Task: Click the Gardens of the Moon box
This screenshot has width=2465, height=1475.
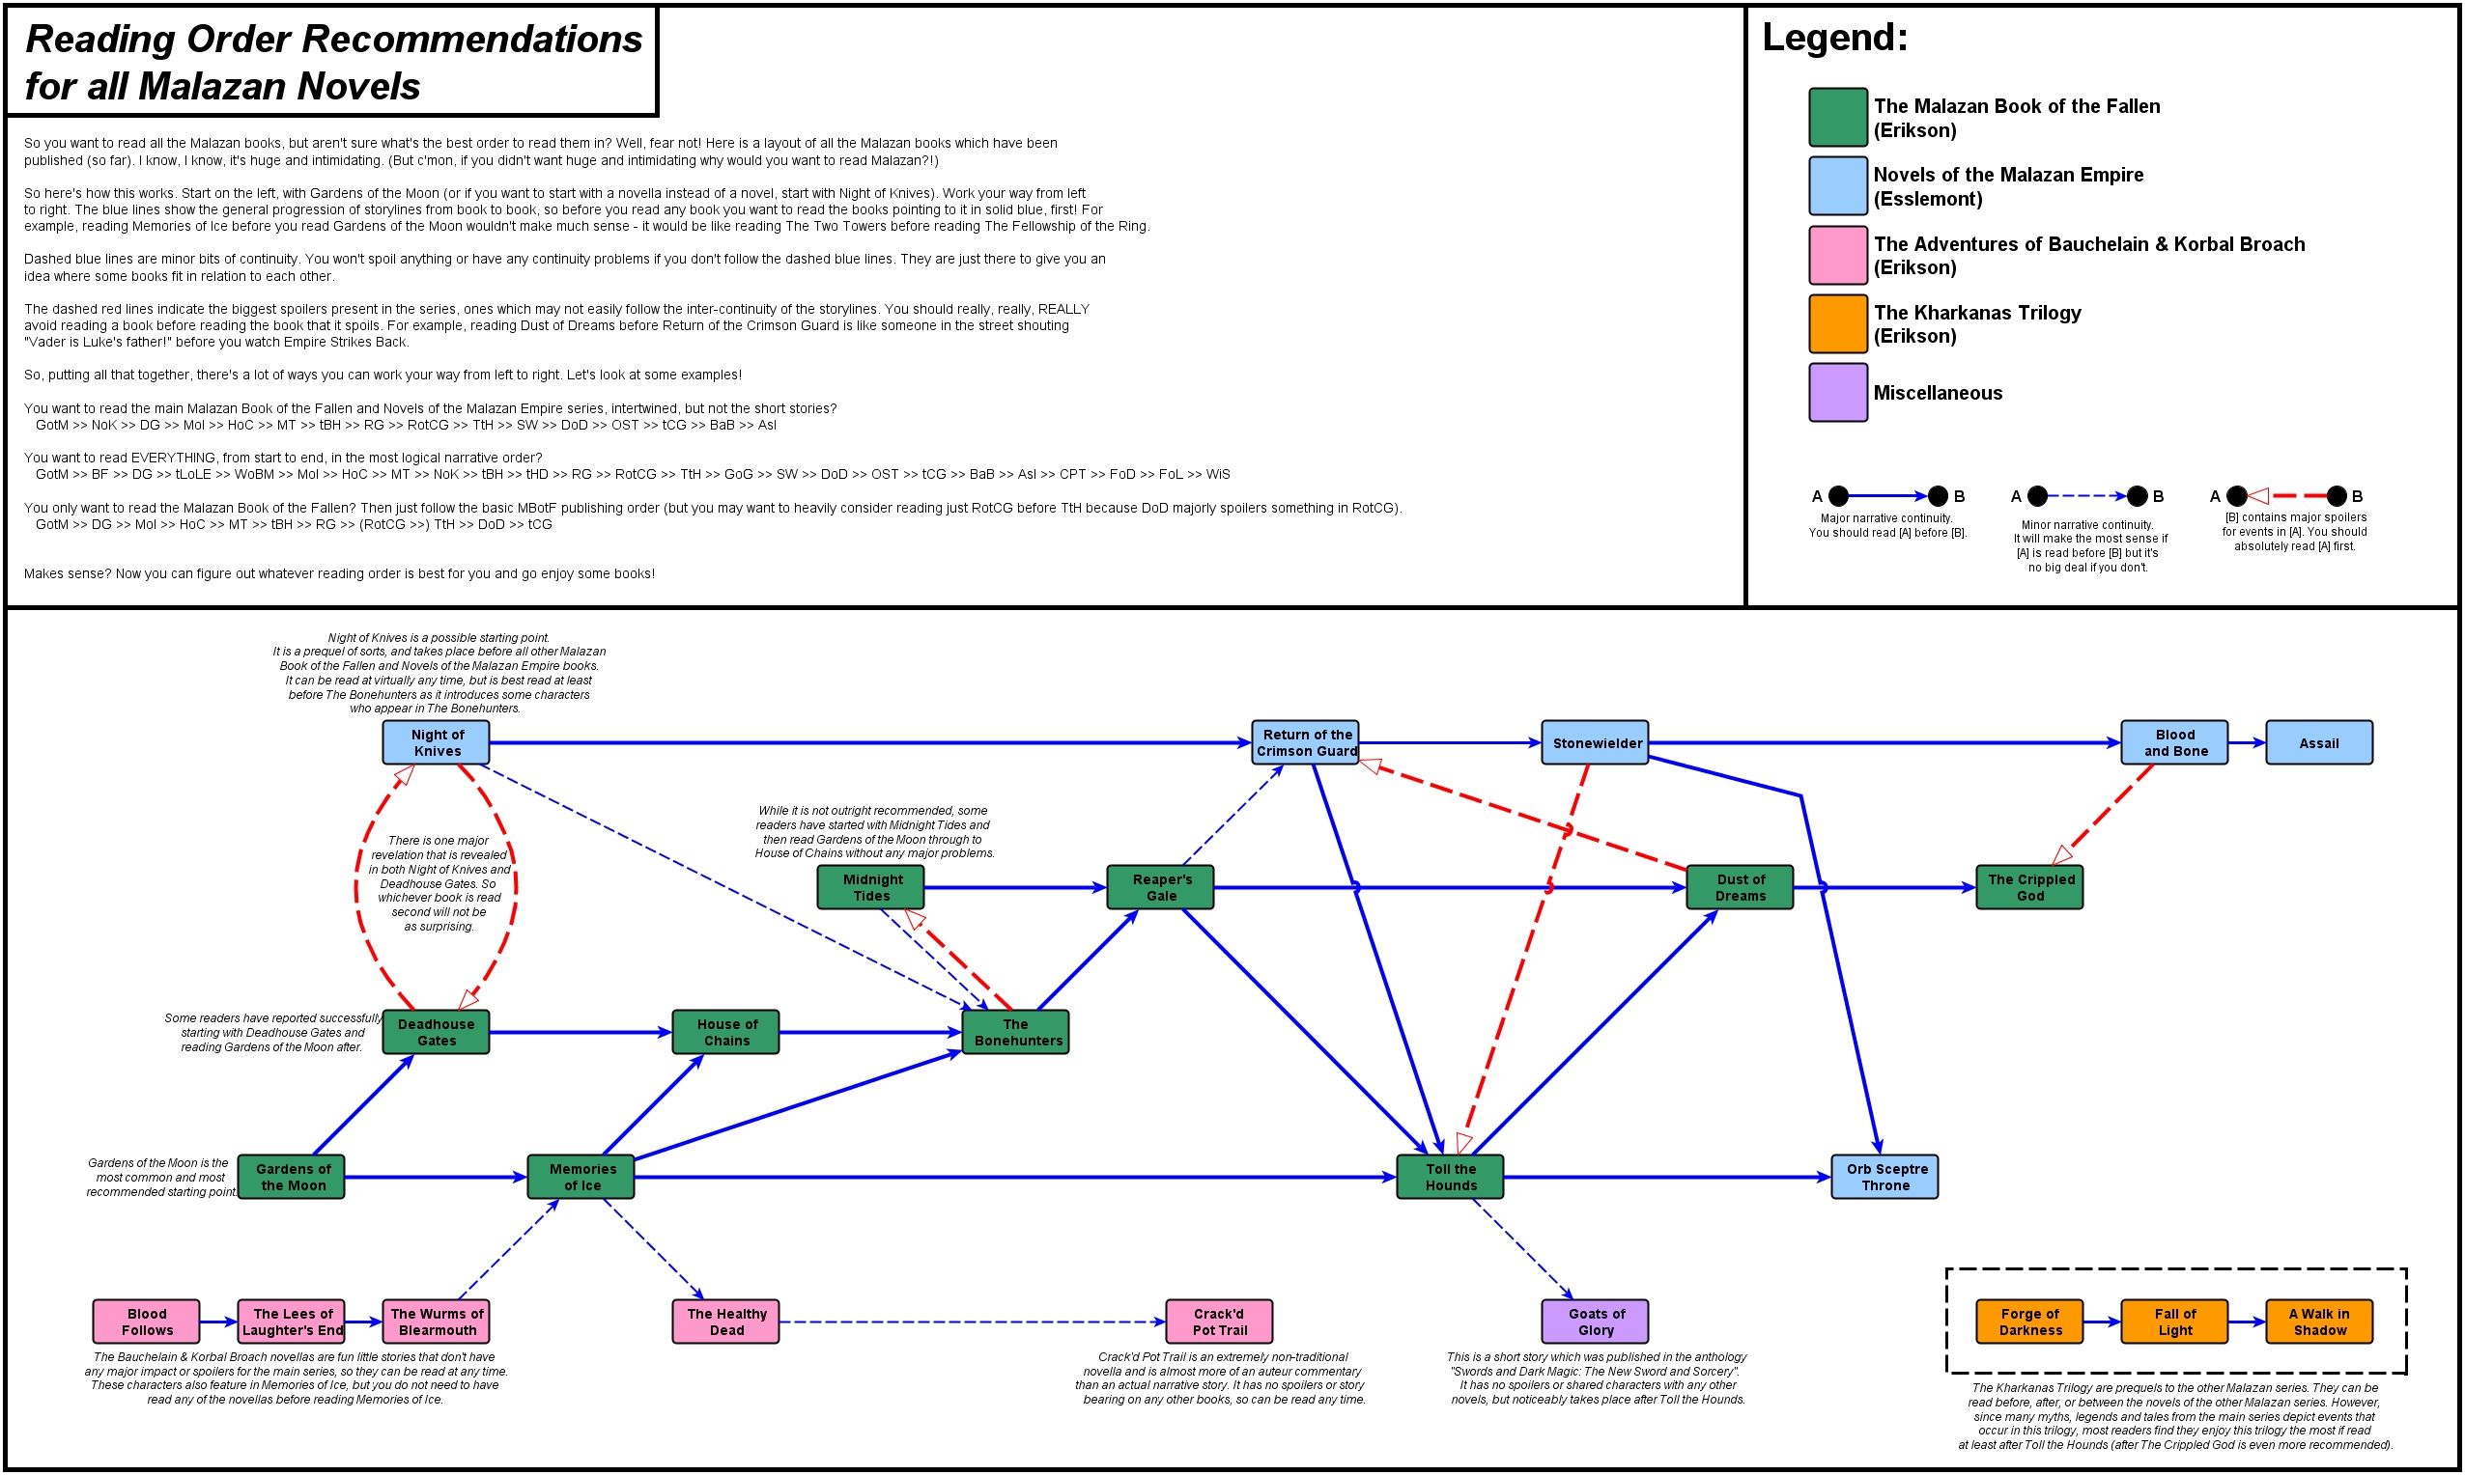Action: click(x=292, y=1177)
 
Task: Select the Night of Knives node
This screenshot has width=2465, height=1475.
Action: click(x=436, y=742)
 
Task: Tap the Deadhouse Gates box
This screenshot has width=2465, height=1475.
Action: click(x=436, y=1032)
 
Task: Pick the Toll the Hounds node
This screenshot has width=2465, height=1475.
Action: click(x=1450, y=1177)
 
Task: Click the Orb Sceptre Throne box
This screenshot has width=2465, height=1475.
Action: click(x=1884, y=1177)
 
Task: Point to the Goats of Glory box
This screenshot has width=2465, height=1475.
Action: click(x=1595, y=1321)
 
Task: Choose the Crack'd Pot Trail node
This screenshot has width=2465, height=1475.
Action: click(x=1218, y=1321)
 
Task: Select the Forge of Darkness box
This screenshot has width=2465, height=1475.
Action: click(x=2028, y=1321)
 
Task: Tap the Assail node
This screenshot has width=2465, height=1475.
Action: click(x=2318, y=742)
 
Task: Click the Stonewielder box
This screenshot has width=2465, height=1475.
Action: click(x=1595, y=742)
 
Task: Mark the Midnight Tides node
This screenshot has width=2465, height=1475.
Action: click(x=870, y=886)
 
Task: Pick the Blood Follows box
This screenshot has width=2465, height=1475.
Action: click(x=146, y=1321)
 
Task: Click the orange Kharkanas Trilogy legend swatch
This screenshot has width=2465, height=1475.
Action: click(x=1837, y=323)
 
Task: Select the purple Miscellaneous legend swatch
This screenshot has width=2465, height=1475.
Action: click(x=1837, y=393)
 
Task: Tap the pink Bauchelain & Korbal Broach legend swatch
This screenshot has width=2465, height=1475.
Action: click(x=1837, y=255)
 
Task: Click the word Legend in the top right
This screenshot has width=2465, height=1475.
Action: click(x=1834, y=38)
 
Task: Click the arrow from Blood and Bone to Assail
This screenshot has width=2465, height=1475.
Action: click(x=2247, y=742)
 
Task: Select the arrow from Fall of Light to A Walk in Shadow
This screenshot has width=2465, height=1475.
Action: click(x=2247, y=1322)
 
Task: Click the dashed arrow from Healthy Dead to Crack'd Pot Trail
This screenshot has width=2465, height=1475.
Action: click(x=972, y=1322)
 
